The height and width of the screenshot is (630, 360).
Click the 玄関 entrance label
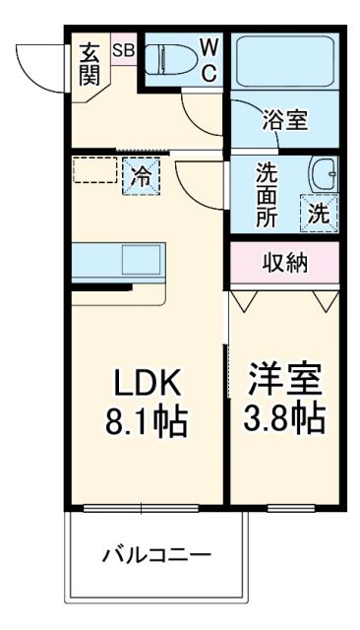[x=90, y=64]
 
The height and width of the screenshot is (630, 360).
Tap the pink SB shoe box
[x=124, y=49]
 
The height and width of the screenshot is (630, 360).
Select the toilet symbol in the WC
[x=167, y=60]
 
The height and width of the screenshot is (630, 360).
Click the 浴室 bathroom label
[x=284, y=120]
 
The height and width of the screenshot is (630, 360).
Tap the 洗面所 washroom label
[x=267, y=194]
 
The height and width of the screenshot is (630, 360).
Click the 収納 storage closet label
[x=284, y=262]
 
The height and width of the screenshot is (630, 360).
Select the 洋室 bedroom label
[x=285, y=379]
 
